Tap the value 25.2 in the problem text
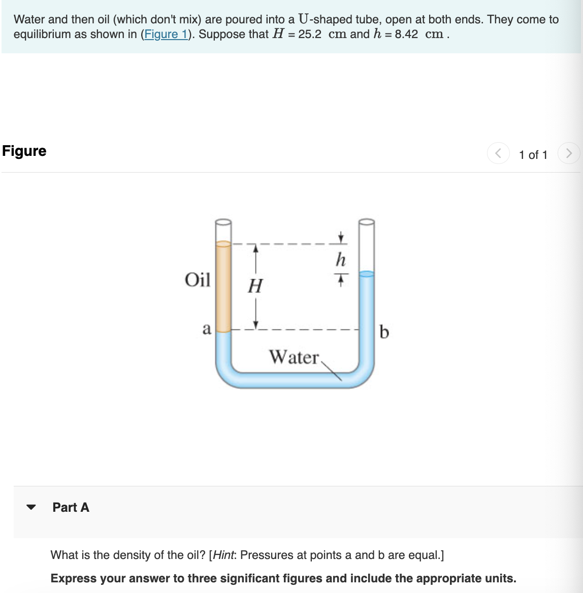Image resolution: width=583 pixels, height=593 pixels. coord(310,35)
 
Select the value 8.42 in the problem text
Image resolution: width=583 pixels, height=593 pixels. coord(406,35)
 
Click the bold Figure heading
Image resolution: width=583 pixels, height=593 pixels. coord(24,151)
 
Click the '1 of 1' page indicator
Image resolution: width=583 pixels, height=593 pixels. coord(533,155)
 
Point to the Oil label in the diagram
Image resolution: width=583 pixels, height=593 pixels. coord(198,280)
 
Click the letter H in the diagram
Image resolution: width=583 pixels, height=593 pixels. coord(255,286)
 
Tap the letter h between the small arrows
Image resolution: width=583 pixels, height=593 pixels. coord(341,259)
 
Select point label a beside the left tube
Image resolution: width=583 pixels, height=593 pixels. coord(206,329)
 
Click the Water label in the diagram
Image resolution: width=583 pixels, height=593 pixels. coord(294,357)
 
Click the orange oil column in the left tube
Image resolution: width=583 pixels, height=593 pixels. coord(223,287)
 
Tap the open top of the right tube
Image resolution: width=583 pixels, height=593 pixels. coord(367,222)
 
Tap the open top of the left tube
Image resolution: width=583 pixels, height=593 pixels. coord(223,222)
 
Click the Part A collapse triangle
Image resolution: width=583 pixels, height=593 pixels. coord(31,507)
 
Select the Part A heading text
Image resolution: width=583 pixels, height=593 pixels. coord(71,507)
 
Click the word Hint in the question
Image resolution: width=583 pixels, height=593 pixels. coord(223,555)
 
